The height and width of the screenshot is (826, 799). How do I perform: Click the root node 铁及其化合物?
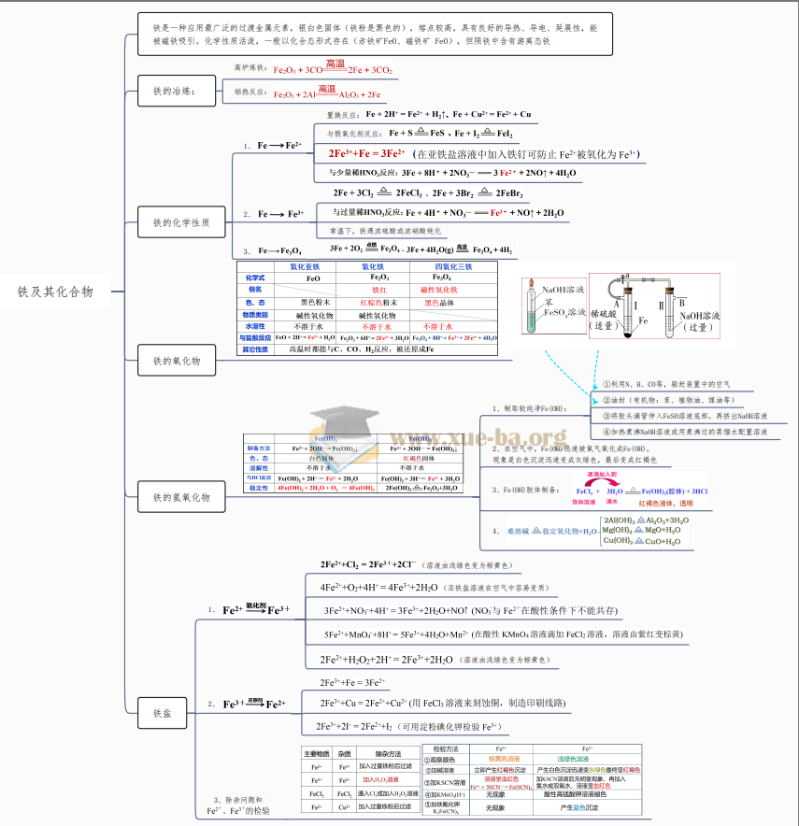point(56,292)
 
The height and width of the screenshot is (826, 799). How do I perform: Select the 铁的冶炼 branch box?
point(174,91)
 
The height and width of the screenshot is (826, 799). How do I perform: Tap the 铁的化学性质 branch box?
point(181,222)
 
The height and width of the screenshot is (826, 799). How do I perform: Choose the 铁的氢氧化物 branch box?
point(181,497)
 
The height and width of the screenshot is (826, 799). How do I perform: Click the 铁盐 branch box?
point(162,713)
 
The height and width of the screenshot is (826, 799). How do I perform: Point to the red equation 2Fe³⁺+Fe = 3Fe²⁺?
point(366,153)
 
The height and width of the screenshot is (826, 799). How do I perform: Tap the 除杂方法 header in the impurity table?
point(380,753)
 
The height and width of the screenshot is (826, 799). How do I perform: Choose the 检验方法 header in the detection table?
point(446,748)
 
